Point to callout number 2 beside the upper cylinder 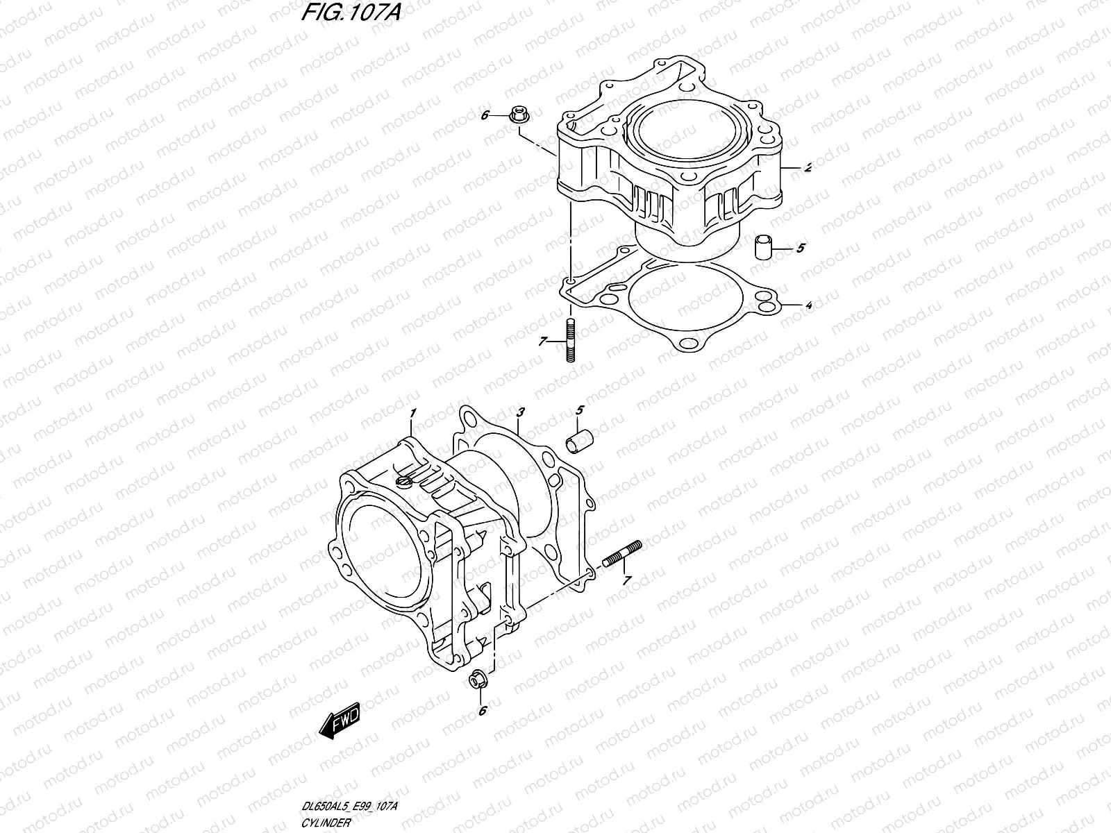pos(789,167)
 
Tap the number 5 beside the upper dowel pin pos(800,247)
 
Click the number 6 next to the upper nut pos(485,115)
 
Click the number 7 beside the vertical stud pos(542,341)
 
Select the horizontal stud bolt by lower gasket pos(623,555)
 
